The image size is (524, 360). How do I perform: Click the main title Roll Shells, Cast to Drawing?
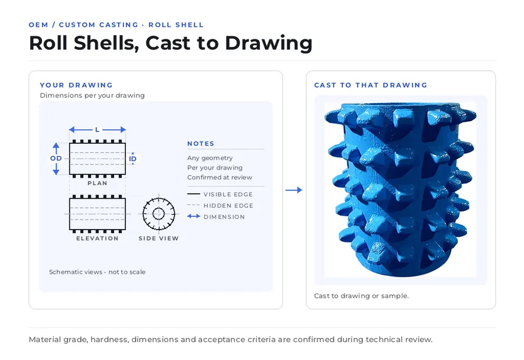point(171,44)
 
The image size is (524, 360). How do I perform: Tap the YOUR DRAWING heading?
point(76,85)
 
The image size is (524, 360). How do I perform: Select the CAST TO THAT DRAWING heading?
point(371,85)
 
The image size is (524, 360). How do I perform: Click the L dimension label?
point(97,130)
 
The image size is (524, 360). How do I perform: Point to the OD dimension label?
point(56,158)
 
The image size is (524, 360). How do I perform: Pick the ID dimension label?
point(133,159)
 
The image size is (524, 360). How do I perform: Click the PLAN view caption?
point(97,183)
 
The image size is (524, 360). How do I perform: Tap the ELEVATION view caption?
point(97,238)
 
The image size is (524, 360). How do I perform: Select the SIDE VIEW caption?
point(159,238)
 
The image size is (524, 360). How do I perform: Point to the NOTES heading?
point(200,144)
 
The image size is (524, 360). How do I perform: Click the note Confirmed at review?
point(219,178)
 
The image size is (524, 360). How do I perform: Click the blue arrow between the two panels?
point(294,190)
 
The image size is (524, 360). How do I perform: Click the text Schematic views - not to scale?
point(97,272)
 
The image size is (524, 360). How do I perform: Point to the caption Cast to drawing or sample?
point(361,296)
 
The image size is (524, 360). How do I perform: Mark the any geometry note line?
point(210,158)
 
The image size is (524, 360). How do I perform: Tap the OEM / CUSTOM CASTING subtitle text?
point(83,24)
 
